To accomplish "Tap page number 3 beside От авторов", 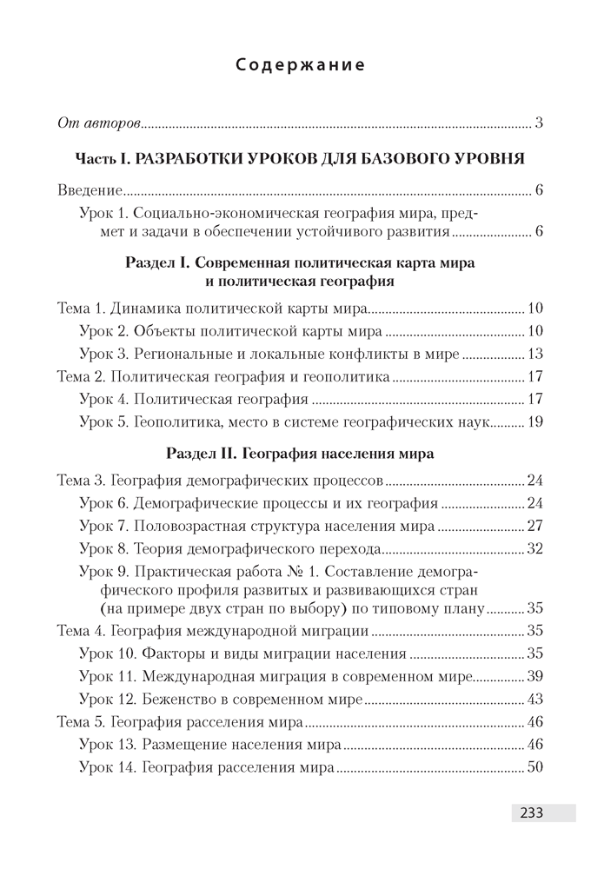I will click(539, 122).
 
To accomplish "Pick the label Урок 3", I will click(103, 354).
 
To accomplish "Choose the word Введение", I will click(89, 190).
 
